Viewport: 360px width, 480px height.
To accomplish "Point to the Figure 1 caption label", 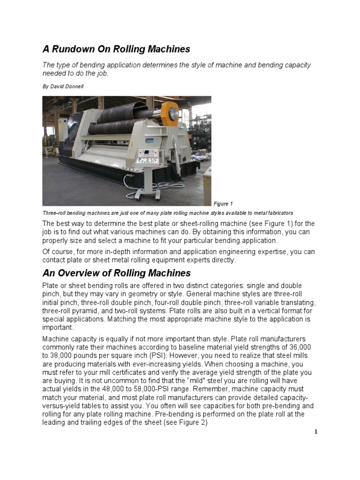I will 223,203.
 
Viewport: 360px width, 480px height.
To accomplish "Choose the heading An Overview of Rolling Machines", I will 117,273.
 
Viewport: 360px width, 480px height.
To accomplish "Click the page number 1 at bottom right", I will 316,432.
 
